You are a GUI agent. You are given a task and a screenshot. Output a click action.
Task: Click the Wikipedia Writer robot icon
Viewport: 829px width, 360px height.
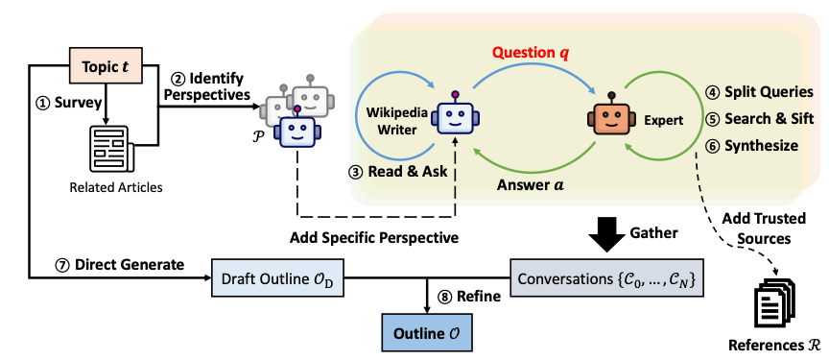(x=452, y=116)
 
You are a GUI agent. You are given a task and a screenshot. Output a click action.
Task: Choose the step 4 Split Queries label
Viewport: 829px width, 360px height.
(x=758, y=92)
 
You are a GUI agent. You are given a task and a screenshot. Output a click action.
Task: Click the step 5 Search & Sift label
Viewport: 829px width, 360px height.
(x=758, y=120)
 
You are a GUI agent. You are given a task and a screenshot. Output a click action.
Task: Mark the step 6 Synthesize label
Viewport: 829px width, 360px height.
(x=752, y=147)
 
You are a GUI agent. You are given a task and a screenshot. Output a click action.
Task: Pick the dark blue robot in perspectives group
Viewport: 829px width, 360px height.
(x=296, y=132)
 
